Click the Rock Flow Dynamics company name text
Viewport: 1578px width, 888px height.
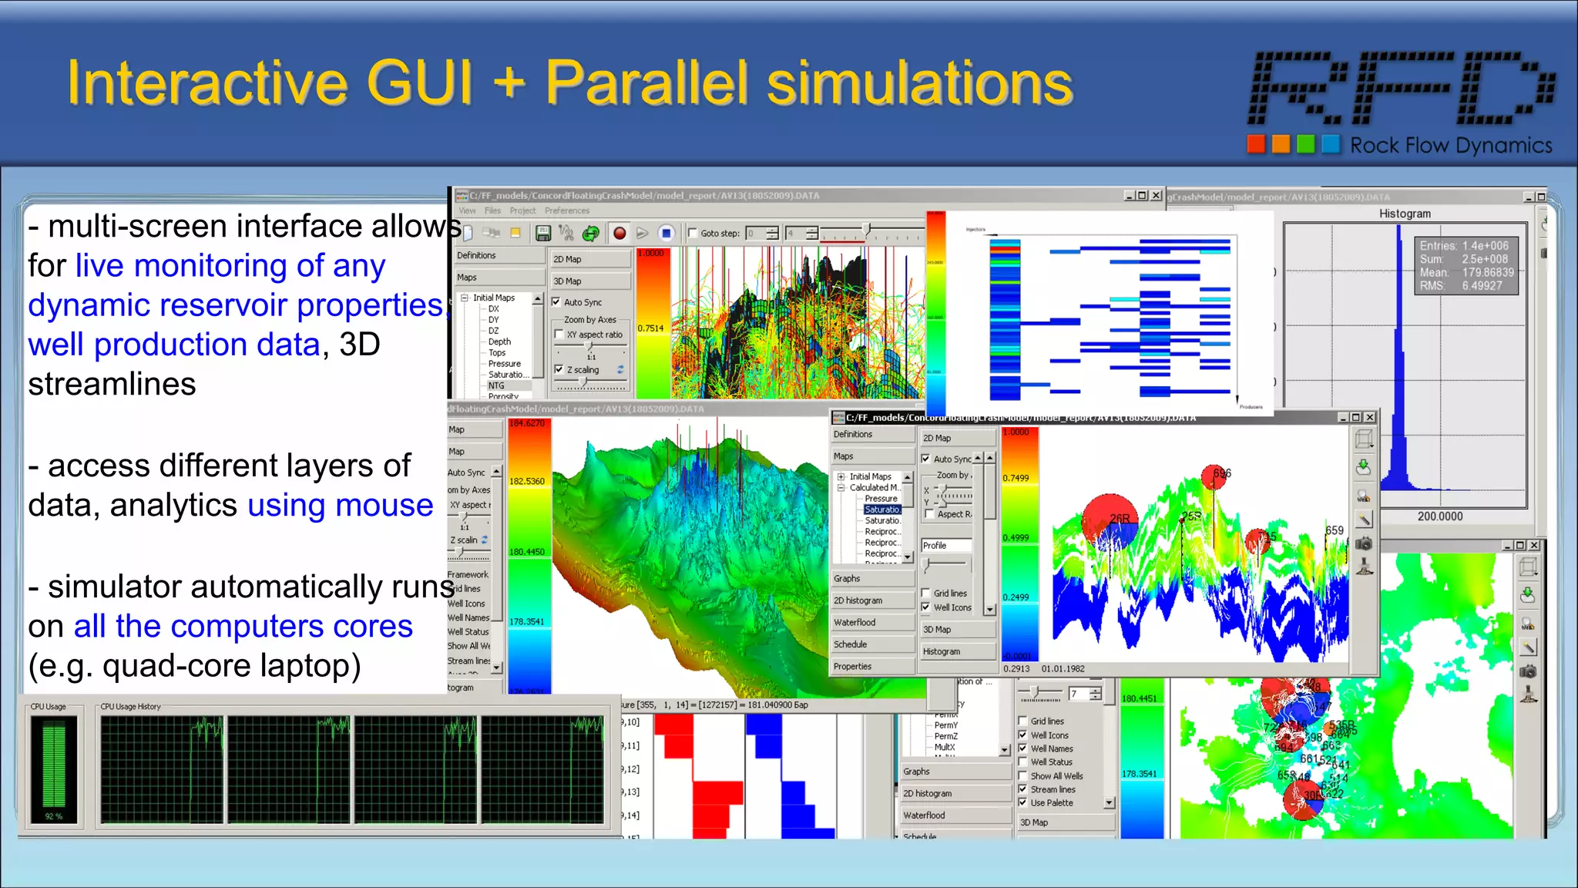coord(1450,146)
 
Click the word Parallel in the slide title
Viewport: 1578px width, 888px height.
coord(646,82)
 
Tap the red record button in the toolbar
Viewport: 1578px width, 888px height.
coord(619,233)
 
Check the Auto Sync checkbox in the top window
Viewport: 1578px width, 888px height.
coord(556,302)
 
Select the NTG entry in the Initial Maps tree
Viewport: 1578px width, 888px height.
coord(496,385)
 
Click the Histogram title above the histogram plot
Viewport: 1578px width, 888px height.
coord(1404,214)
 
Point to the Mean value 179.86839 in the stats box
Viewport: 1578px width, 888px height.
coord(1487,272)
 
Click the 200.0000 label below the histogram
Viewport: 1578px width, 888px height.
coord(1439,516)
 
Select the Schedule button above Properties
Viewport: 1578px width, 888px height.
coord(850,644)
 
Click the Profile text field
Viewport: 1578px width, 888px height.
coord(946,545)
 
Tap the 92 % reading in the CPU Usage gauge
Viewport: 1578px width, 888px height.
coord(53,816)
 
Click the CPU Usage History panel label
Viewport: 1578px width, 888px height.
coord(130,706)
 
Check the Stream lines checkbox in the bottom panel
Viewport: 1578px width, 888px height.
coord(1022,789)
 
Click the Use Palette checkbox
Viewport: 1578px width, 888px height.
coord(1022,802)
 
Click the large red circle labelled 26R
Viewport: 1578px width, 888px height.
coord(1110,522)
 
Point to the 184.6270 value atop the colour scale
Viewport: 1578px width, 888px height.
coord(527,423)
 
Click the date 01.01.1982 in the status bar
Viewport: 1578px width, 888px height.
coord(1063,669)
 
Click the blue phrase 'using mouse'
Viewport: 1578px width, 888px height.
coord(340,506)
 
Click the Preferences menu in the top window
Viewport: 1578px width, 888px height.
coord(566,210)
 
